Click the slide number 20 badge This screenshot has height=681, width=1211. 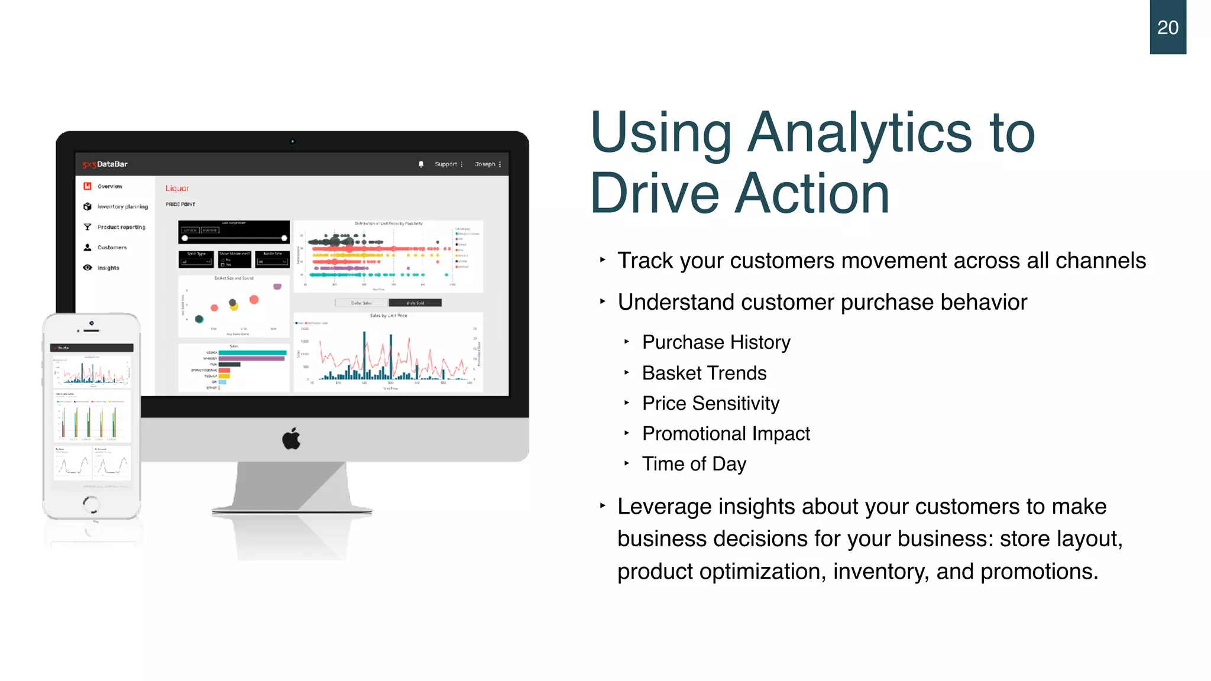pyautogui.click(x=1167, y=27)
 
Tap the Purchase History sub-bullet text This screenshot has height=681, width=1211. pyautogui.click(x=715, y=342)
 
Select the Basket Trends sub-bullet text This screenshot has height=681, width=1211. pyautogui.click(x=704, y=373)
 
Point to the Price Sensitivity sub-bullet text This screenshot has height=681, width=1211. pyautogui.click(x=710, y=403)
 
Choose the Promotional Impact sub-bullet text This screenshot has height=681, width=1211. pyautogui.click(x=726, y=433)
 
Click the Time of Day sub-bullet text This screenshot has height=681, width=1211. pyautogui.click(x=694, y=464)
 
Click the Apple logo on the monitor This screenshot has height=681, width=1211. pyautogui.click(x=292, y=439)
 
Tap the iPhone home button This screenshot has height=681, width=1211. pyautogui.click(x=91, y=504)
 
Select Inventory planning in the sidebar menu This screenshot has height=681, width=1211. pyautogui.click(x=122, y=207)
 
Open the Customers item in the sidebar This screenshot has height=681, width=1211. pyautogui.click(x=112, y=248)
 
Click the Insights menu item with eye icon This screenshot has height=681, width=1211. pyautogui.click(x=108, y=268)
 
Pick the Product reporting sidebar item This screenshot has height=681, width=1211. pyautogui.click(x=121, y=227)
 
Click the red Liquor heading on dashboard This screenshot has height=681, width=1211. pyautogui.click(x=177, y=188)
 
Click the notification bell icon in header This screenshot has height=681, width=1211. pyautogui.click(x=421, y=164)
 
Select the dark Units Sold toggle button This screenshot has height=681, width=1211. pyautogui.click(x=415, y=303)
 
